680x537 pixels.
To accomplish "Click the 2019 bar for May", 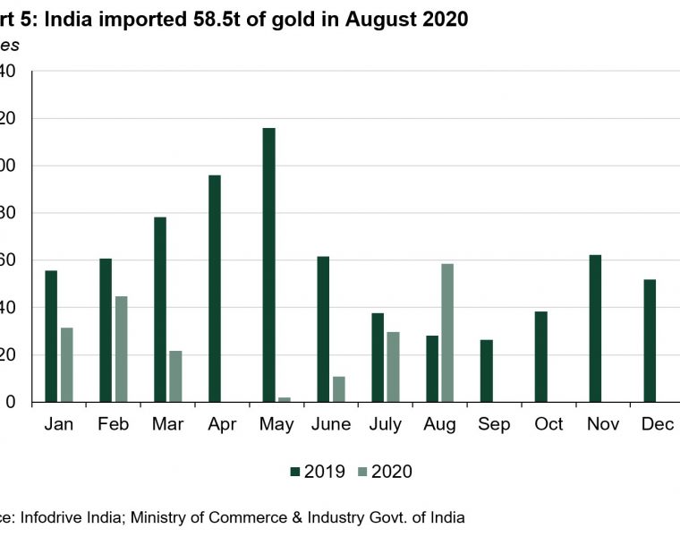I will [x=268, y=265].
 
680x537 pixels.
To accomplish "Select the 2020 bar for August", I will [x=447, y=333].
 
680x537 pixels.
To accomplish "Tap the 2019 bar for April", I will [x=215, y=288].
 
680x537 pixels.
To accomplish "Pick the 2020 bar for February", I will [x=121, y=349].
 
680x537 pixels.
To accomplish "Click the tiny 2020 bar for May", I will [x=284, y=399].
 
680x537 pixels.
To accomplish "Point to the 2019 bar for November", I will [x=595, y=328].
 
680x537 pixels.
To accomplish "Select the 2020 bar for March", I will [x=175, y=376].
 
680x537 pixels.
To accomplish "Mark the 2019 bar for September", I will [x=486, y=371].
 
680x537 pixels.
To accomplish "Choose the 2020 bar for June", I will [x=338, y=389].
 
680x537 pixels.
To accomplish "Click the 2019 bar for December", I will [x=650, y=341].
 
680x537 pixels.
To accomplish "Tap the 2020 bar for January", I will [x=66, y=364].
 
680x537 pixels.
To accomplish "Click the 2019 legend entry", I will [x=317, y=472].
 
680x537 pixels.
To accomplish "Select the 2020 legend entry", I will [x=384, y=472].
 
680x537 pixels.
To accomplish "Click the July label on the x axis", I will [x=385, y=424].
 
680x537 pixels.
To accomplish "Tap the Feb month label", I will [x=114, y=424].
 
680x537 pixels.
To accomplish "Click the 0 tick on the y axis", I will [x=11, y=403].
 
